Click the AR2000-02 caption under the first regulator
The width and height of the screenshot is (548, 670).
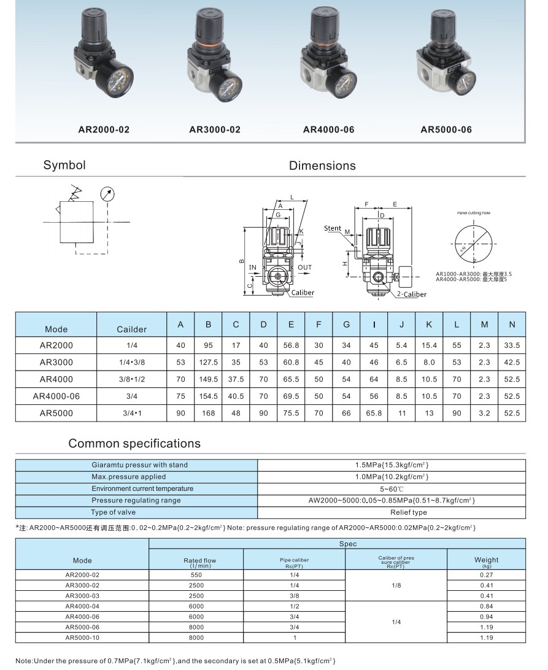tap(104, 129)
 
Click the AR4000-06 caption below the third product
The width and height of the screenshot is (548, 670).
tap(328, 129)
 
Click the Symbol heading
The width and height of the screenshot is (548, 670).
tap(64, 165)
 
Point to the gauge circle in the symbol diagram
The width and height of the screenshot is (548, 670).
tap(107, 194)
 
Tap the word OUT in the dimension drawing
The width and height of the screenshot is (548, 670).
tap(304, 268)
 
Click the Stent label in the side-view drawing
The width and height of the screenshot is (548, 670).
tap(333, 228)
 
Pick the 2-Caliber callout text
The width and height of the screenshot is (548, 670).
tap(411, 295)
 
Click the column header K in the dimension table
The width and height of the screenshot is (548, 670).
tap(429, 325)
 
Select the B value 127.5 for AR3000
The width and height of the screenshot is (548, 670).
tap(209, 363)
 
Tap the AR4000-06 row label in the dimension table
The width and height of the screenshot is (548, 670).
tap(56, 396)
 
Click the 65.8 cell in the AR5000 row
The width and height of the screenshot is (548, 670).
tap(374, 414)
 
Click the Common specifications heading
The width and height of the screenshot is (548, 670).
tap(134, 443)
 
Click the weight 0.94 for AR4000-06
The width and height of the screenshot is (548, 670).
tap(486, 616)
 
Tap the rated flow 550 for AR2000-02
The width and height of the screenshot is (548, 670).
tap(196, 575)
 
